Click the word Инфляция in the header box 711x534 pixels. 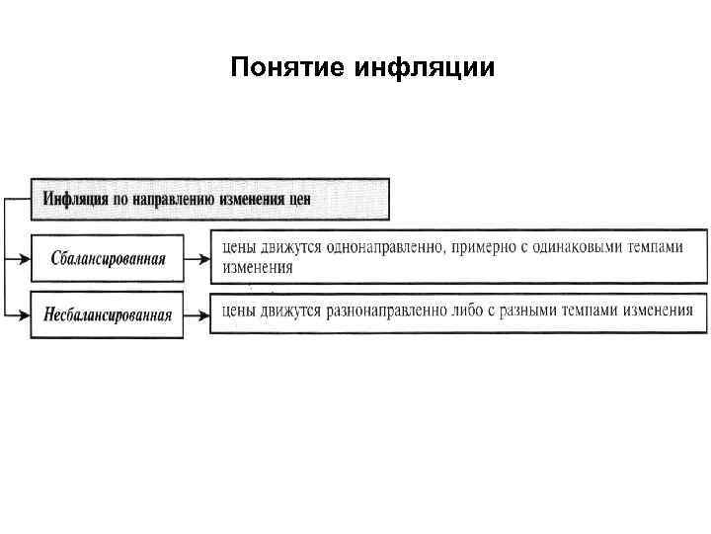(x=75, y=198)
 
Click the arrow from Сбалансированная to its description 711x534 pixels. (x=197, y=259)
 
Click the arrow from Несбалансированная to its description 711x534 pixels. (x=197, y=315)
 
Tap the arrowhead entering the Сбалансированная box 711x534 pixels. (x=25, y=259)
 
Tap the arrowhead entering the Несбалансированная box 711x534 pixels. (x=25, y=315)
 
